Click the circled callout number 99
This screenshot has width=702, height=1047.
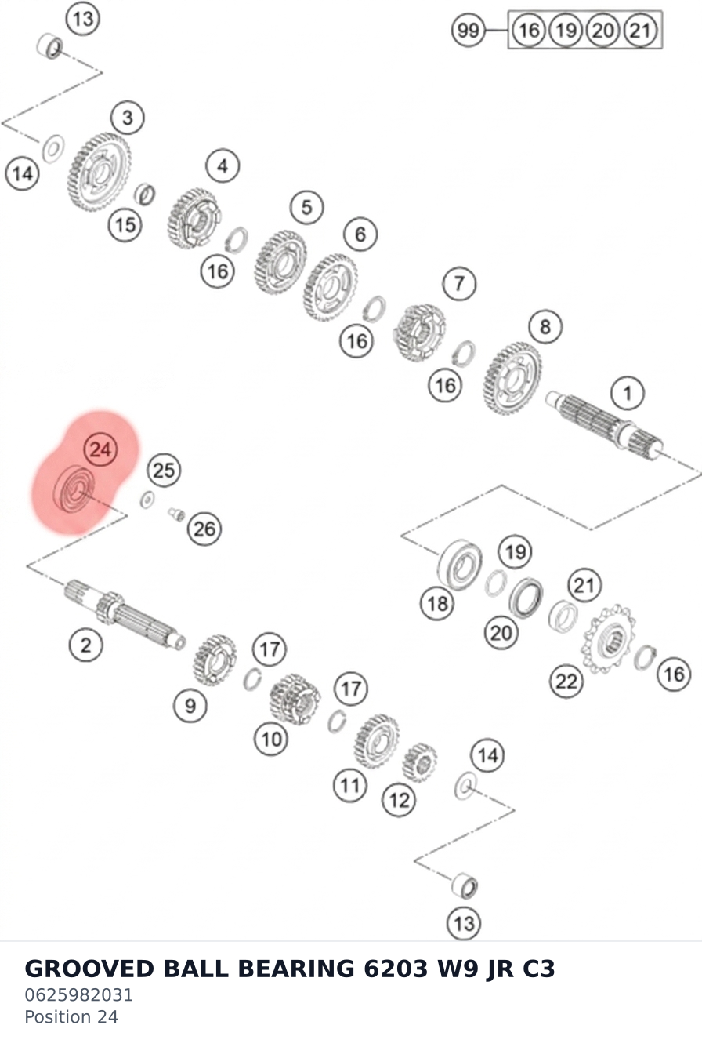click(468, 31)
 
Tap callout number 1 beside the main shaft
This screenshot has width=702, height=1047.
click(628, 393)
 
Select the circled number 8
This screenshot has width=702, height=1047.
click(545, 326)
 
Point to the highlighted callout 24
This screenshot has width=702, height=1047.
click(100, 449)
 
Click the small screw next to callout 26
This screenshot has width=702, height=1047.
click(176, 514)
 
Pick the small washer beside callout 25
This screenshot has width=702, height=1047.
click(147, 500)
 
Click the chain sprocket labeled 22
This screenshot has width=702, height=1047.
click(608, 639)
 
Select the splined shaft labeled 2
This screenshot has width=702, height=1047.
click(125, 615)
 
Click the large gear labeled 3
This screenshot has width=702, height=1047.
click(99, 172)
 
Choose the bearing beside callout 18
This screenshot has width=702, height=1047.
click(460, 565)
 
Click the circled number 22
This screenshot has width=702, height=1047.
click(566, 681)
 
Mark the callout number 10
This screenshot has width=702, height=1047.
click(271, 739)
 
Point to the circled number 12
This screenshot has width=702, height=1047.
click(399, 800)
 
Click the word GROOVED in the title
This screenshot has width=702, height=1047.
click(89, 969)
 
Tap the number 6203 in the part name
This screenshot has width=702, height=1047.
click(396, 969)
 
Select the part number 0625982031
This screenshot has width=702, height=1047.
click(78, 995)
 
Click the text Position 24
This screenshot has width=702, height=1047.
click(71, 1016)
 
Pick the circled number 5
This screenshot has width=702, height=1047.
click(306, 207)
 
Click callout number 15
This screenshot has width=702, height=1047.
click(125, 225)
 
